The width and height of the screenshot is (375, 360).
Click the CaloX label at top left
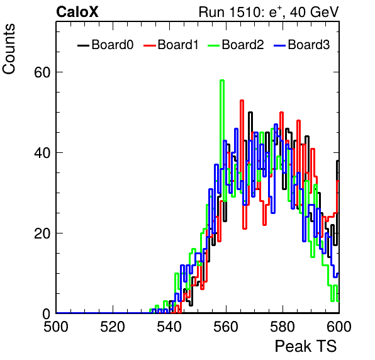77,12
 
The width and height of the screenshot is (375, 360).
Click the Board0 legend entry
106,45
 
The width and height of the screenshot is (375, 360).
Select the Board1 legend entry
171,45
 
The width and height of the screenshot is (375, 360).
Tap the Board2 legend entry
235,45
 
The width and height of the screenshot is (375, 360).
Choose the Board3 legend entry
301,45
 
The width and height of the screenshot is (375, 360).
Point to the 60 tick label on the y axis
42,72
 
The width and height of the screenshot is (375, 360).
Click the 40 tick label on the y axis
42,152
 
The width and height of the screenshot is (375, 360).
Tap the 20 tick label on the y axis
42,233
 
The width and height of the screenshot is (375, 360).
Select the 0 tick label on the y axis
47,314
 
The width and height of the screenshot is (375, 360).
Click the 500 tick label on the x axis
56,327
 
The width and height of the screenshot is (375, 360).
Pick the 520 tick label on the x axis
113,327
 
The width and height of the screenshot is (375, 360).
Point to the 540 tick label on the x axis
169,327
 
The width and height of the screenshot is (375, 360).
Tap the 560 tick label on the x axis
226,327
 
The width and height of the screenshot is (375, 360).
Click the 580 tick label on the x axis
283,327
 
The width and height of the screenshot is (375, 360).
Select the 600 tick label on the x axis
339,327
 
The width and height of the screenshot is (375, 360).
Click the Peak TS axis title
306,346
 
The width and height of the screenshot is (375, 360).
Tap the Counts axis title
9,49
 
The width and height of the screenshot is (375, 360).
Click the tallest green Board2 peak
222,81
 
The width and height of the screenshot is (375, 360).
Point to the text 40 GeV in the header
314,12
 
